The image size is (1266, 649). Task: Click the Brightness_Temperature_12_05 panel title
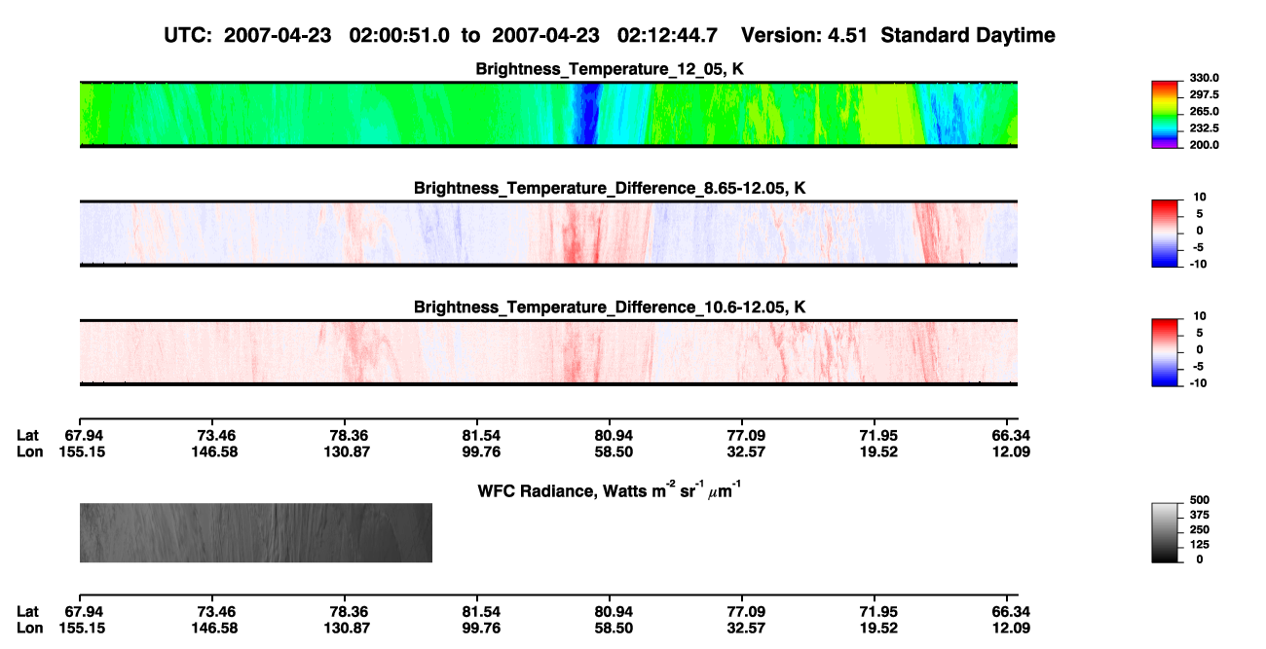(x=610, y=69)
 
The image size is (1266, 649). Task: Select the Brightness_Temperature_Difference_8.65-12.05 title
(x=610, y=188)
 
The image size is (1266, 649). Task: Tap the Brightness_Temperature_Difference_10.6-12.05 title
(x=610, y=307)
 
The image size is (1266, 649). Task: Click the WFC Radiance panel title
(x=610, y=490)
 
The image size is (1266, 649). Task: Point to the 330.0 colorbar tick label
(x=1204, y=78)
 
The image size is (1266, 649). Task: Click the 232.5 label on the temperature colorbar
(x=1204, y=128)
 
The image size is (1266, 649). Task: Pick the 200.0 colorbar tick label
(x=1204, y=145)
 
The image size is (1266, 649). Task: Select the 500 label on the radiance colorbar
(x=1200, y=500)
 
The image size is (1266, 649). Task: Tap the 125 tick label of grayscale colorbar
(x=1200, y=545)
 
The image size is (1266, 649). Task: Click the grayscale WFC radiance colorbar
(x=1165, y=532)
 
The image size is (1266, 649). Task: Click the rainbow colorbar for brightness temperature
(x=1165, y=115)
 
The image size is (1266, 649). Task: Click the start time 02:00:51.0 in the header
(x=399, y=36)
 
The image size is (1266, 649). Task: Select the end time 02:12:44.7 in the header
(x=667, y=36)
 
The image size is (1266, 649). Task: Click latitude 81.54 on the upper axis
(x=481, y=436)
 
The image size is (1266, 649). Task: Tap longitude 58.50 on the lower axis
(x=614, y=629)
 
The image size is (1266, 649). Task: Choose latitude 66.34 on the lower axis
(x=1011, y=612)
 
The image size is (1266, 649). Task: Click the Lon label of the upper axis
(x=29, y=451)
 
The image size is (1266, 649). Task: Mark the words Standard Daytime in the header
(x=968, y=36)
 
